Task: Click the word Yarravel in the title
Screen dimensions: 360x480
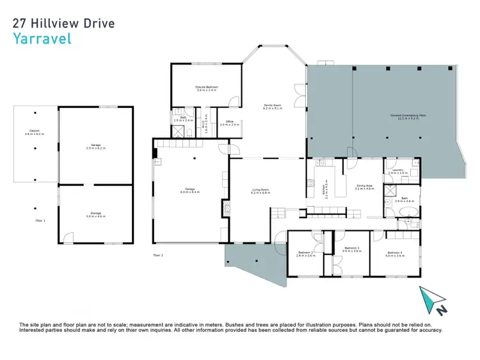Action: (42, 38)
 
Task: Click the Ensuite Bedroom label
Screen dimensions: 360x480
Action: (207, 88)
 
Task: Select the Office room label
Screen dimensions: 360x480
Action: (229, 123)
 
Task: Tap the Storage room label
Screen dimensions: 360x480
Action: (95, 215)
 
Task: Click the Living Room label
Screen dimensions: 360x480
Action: (260, 190)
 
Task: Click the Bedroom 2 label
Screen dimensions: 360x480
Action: (305, 254)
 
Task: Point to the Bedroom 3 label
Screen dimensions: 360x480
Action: (351, 249)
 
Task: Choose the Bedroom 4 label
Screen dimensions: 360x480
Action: (395, 254)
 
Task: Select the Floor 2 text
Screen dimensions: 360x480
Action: (158, 254)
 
